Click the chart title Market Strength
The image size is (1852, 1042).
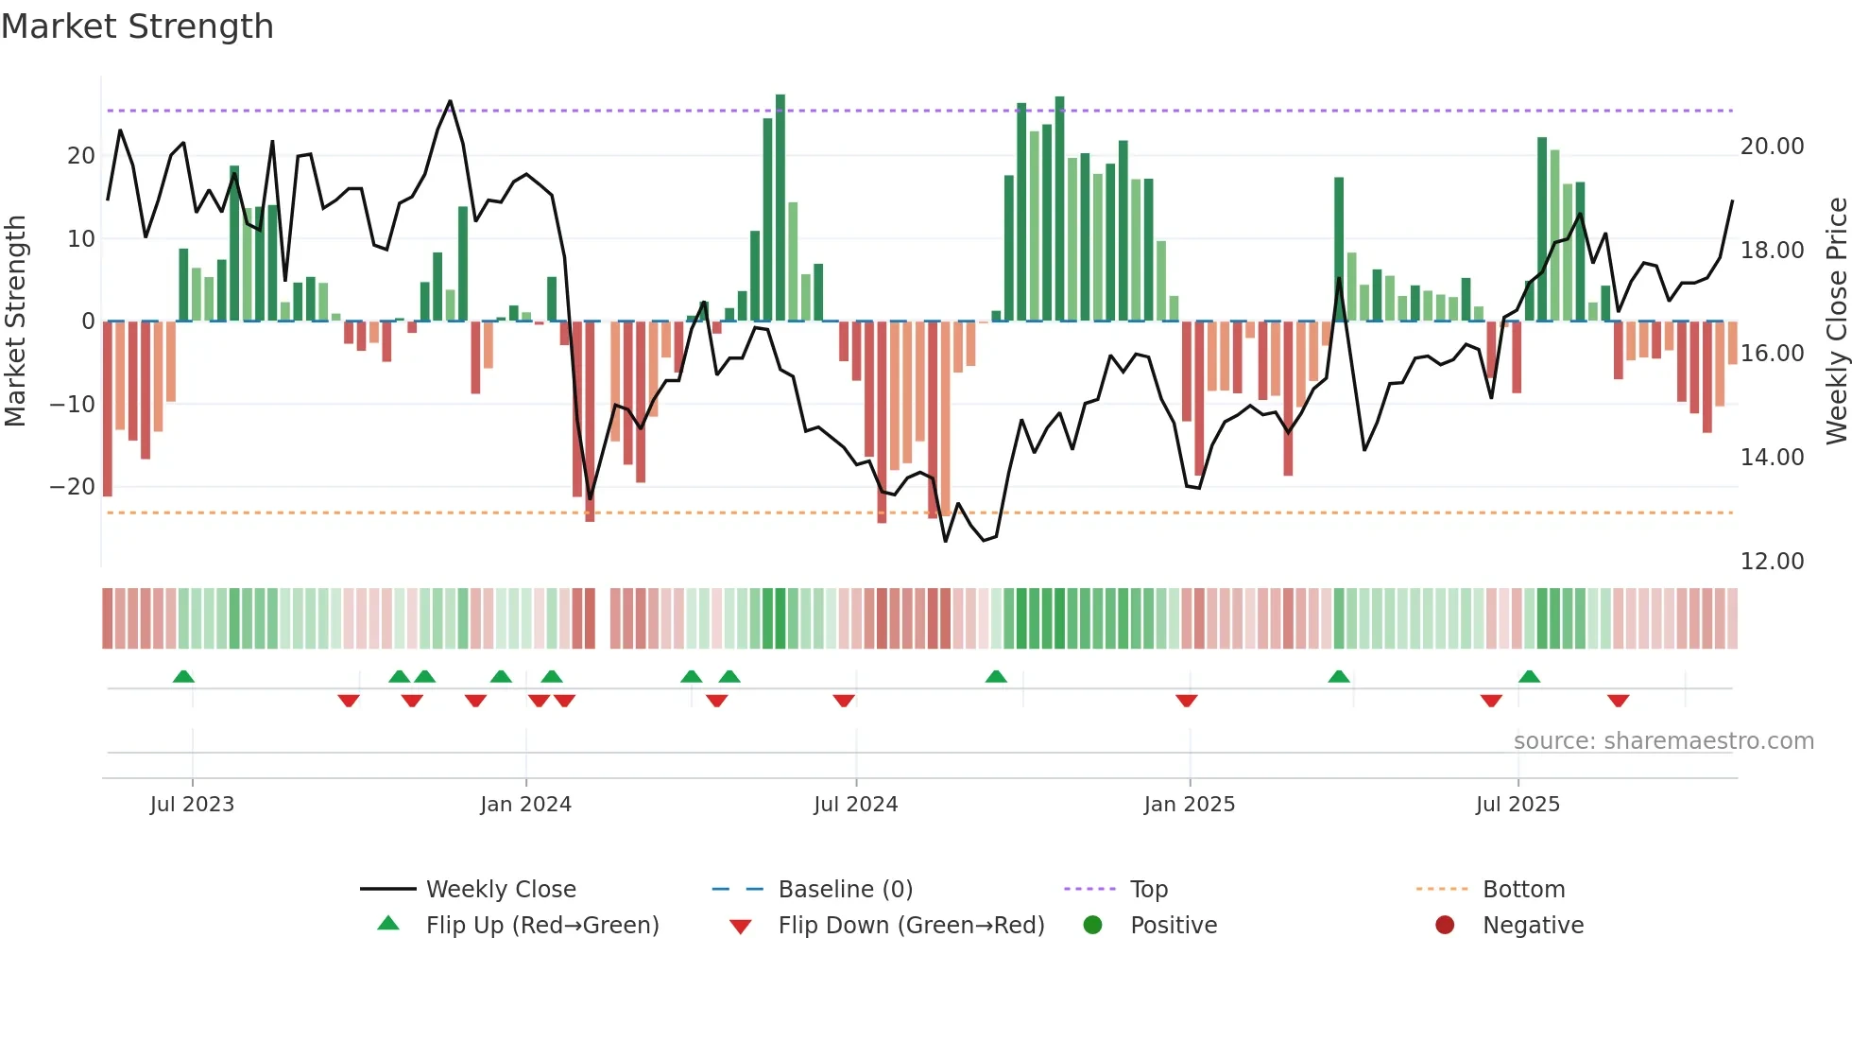tap(137, 26)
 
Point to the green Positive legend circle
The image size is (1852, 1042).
tap(1092, 925)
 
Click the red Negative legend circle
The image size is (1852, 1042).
tap(1445, 925)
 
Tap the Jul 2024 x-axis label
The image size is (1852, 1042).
tap(855, 804)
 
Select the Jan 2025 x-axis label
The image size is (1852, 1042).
tap(1189, 804)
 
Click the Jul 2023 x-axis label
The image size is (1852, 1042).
tap(192, 804)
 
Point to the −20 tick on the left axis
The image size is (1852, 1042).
tap(73, 486)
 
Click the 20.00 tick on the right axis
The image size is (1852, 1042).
tap(1772, 146)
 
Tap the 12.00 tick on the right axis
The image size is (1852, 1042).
tap(1772, 561)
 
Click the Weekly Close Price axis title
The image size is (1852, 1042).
tap(1836, 321)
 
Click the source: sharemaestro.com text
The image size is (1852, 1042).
tap(1663, 740)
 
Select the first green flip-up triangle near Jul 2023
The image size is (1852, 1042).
tap(183, 676)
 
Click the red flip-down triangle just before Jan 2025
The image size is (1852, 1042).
tap(1187, 701)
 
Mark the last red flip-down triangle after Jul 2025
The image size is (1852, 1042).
tap(1618, 701)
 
